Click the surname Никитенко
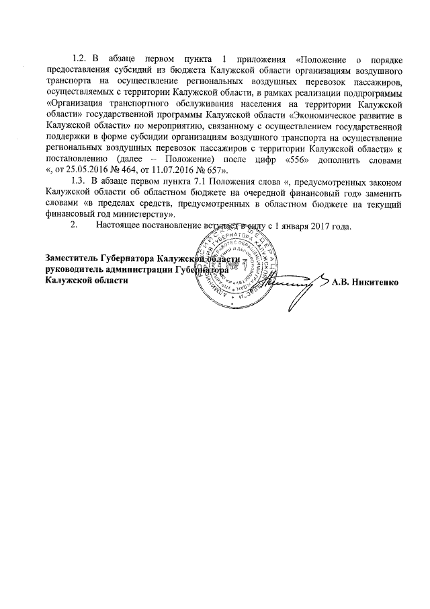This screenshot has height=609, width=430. point(376,281)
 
